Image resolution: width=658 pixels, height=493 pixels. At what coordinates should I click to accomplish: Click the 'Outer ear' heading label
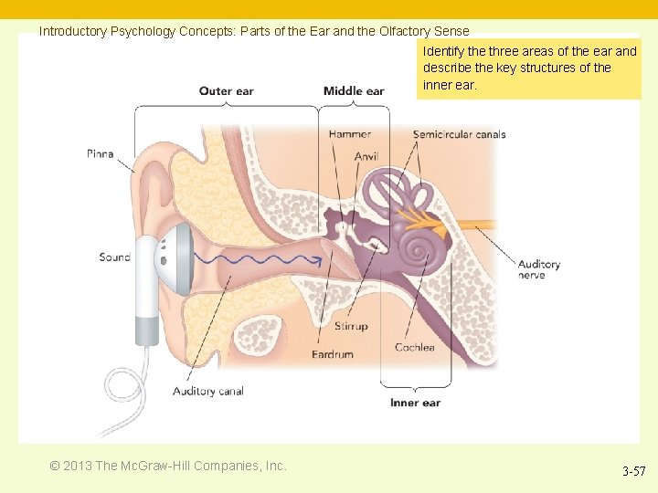pos(227,91)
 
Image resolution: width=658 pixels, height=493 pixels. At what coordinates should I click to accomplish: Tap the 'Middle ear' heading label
pos(354,91)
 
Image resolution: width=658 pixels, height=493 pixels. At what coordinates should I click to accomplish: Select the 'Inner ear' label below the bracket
pos(415,403)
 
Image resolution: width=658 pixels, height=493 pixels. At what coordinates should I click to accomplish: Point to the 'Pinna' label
pos(101,153)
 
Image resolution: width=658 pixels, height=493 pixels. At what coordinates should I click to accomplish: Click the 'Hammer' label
pos(349,135)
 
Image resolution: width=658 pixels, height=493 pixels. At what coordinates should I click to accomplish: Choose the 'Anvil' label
pos(366,157)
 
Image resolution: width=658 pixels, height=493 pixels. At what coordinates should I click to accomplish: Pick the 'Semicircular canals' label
pos(459,135)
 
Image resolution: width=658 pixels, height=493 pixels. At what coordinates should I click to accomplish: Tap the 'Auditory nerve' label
pos(538,269)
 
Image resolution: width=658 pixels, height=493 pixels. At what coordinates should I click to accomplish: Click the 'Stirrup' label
pos(351,326)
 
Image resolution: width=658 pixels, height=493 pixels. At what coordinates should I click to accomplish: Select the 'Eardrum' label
pos(332,354)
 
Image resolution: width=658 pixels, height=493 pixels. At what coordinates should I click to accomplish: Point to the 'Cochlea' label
pos(415,348)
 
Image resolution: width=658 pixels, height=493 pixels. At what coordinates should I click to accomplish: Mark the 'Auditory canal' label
pos(208,392)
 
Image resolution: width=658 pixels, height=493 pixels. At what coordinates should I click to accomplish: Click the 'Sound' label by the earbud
pos(115,257)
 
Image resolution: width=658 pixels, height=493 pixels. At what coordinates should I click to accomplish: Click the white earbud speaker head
pos(175,259)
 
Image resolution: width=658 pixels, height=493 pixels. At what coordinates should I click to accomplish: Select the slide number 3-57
pos(633,472)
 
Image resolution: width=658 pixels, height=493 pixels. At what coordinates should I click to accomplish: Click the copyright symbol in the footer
pos(56,467)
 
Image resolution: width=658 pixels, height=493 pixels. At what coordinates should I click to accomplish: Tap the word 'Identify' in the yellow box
pos(443,52)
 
